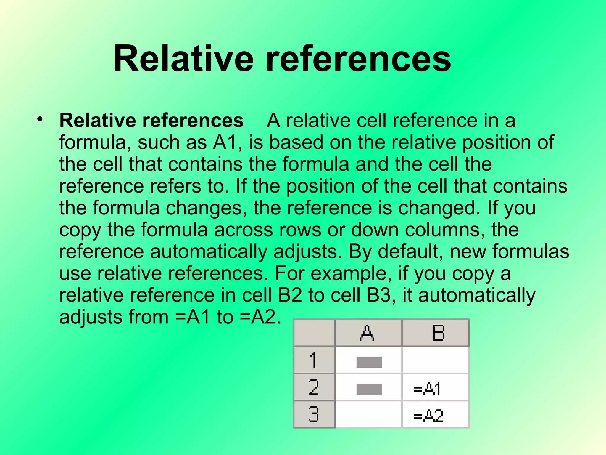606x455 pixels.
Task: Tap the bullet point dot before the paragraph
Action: [40, 119]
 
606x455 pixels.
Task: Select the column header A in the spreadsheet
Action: [368, 333]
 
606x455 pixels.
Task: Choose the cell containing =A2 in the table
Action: [435, 414]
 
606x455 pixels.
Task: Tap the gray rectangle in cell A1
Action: [369, 362]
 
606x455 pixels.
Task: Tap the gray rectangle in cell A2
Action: [369, 389]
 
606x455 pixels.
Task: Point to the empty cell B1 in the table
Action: [435, 360]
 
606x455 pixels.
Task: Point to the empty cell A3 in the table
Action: [368, 414]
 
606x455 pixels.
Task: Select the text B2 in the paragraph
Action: [290, 295]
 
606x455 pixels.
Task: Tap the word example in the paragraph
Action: [349, 273]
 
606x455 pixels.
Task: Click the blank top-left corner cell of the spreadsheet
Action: [314, 333]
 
